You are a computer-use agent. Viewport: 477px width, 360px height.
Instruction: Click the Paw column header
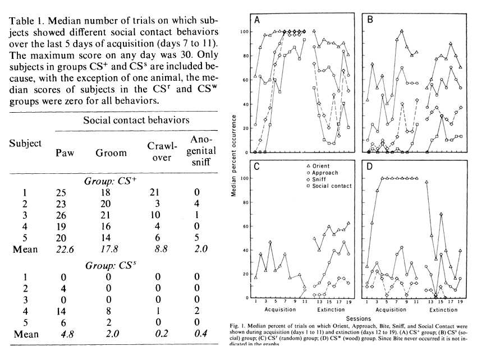[65, 153]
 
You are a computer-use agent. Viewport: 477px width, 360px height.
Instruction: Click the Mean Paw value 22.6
[65, 249]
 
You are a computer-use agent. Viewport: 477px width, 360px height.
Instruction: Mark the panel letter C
[257, 167]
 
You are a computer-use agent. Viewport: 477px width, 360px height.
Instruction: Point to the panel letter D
[371, 167]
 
